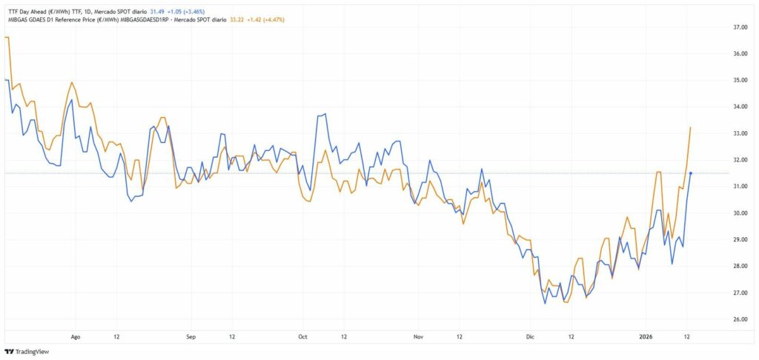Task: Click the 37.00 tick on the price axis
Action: (x=739, y=27)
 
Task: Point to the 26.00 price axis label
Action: (x=739, y=320)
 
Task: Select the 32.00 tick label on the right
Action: (x=739, y=160)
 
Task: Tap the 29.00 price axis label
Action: (x=739, y=240)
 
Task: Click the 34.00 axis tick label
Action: (x=739, y=107)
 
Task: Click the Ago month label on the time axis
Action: (x=75, y=336)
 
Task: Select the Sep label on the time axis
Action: (x=190, y=336)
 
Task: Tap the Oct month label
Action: (x=302, y=336)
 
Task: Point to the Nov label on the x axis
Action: (x=418, y=336)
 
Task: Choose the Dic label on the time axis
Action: (x=529, y=336)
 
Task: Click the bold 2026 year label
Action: (x=648, y=336)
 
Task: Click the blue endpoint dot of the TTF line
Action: (x=691, y=173)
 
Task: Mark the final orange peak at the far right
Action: (x=691, y=127)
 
